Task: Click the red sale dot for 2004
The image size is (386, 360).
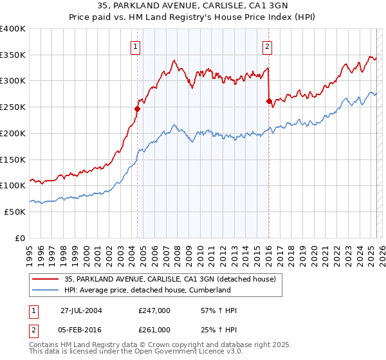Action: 137,109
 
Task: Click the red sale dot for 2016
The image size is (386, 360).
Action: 268,101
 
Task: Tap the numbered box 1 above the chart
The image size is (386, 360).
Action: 136,46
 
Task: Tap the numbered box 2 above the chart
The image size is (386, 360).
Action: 267,46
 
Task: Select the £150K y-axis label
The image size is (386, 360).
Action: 13,159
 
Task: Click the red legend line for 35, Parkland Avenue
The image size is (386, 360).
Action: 46,279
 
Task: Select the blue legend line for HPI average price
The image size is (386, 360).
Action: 46,290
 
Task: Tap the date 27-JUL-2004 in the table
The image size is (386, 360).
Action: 81,311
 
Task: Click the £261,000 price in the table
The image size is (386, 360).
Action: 154,330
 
